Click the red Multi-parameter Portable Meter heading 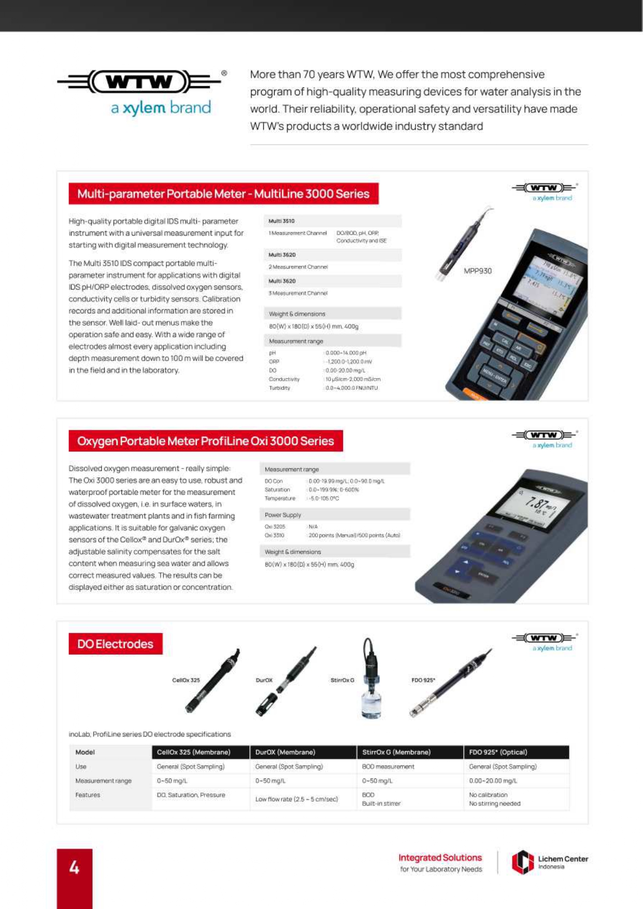[x=223, y=194]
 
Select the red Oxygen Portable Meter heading [x=206, y=441]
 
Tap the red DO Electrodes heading [x=116, y=644]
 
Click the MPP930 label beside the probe [x=477, y=271]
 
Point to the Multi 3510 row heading [x=281, y=221]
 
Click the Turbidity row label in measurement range [x=279, y=388]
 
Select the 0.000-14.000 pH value [x=346, y=353]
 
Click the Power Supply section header [x=282, y=515]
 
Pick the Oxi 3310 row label [x=275, y=536]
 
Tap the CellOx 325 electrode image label [x=185, y=680]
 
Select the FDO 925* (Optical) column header [x=498, y=752]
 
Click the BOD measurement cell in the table [x=388, y=767]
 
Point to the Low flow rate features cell [x=296, y=799]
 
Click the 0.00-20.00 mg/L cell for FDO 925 [x=493, y=781]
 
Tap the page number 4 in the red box [x=74, y=867]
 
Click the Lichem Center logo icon [x=522, y=862]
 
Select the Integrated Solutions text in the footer [x=440, y=858]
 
